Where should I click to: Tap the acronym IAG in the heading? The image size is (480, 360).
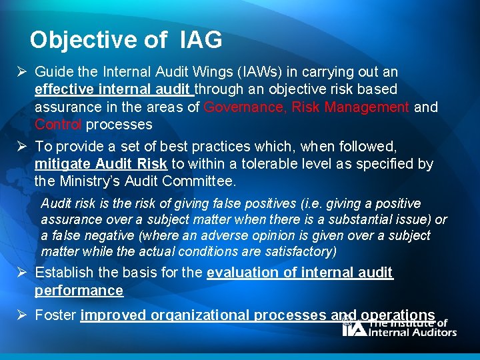point(201,40)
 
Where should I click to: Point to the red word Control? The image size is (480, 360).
point(58,124)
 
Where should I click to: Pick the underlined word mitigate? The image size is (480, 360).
point(62,164)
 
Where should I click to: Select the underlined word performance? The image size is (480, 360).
point(79,291)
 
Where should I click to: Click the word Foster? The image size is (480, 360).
point(55,315)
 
